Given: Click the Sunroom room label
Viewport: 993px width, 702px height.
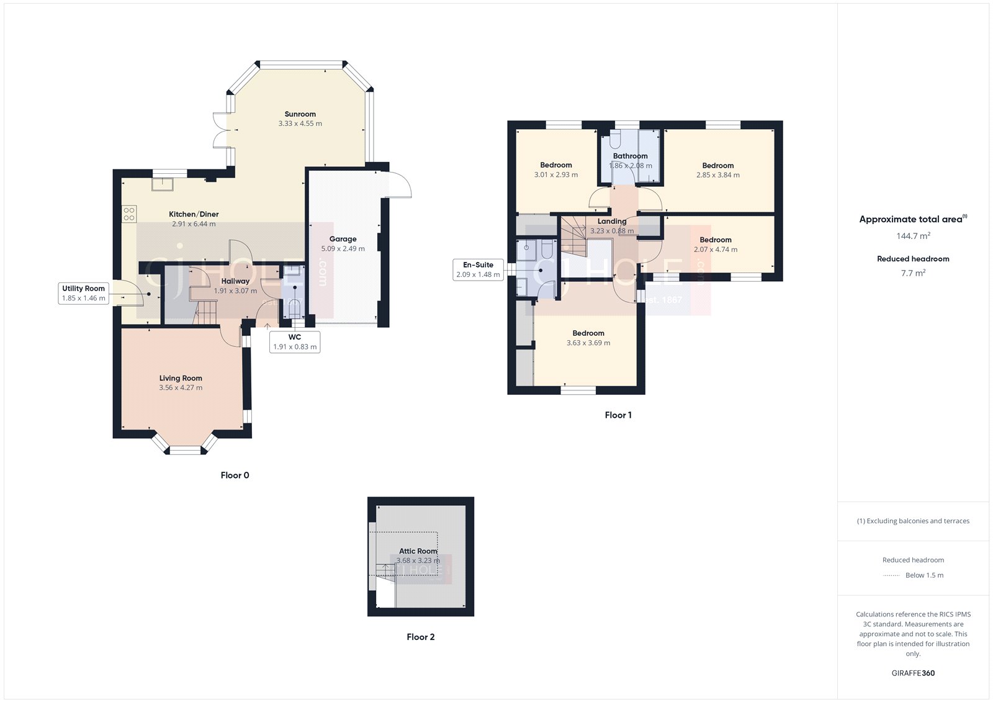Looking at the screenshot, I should [300, 114].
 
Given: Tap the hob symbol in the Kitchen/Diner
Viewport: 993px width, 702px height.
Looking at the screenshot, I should [129, 214].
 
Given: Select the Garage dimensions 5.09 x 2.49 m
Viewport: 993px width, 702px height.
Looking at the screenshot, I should [343, 249].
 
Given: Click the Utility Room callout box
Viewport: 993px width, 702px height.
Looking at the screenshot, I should [84, 293].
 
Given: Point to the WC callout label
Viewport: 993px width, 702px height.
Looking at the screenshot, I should [295, 342].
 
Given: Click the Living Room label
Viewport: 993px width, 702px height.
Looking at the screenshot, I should [181, 378].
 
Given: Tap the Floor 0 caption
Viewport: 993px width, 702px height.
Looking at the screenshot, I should [235, 475].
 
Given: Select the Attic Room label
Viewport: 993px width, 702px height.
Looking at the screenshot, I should [418, 551].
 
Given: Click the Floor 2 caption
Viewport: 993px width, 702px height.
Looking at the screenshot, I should [420, 637].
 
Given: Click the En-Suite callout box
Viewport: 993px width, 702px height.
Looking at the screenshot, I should [478, 269].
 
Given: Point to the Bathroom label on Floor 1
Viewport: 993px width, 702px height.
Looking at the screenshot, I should [630, 156].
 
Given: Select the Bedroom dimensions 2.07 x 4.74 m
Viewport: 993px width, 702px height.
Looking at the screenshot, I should [716, 250].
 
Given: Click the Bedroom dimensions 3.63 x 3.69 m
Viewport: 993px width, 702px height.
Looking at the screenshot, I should [588, 343].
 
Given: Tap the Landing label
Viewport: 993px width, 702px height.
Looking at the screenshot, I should [612, 221].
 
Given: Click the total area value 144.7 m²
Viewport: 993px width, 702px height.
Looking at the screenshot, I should [913, 236].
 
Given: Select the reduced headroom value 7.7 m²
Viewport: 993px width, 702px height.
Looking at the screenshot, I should [913, 273].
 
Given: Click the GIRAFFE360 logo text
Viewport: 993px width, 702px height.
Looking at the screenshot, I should [913, 673].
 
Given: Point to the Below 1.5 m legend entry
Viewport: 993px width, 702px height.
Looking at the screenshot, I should [923, 575].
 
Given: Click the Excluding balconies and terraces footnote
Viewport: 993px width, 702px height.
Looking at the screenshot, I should [913, 521].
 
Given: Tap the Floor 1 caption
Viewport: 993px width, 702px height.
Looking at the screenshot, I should [618, 415].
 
